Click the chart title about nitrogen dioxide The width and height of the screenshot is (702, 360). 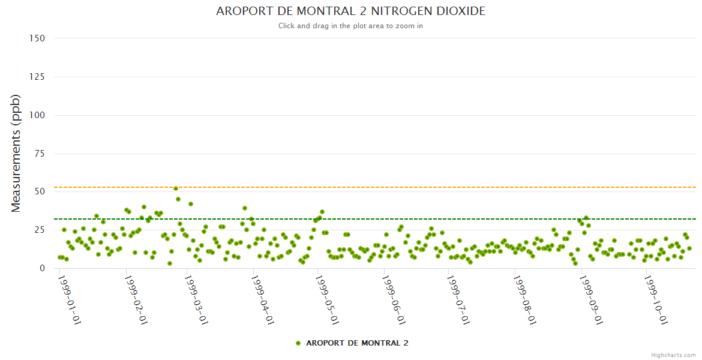(350, 11)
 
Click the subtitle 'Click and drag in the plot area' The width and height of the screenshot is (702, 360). (350, 26)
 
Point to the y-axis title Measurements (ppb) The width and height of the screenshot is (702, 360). (16, 153)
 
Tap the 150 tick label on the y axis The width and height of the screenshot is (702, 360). (37, 38)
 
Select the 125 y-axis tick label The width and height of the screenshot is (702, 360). (37, 77)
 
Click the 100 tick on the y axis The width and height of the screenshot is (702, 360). (37, 115)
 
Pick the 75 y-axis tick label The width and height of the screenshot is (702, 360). (40, 154)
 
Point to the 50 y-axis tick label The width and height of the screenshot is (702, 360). (40, 191)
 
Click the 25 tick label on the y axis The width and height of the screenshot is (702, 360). (40, 230)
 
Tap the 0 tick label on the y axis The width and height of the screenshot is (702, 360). (42, 268)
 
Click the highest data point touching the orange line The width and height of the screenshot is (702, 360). (176, 188)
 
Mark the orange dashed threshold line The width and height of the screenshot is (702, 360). (420, 187)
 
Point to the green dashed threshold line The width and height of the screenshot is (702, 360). (420, 219)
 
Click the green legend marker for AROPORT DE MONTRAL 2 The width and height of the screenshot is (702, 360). (298, 343)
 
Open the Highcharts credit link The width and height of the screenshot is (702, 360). (673, 355)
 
